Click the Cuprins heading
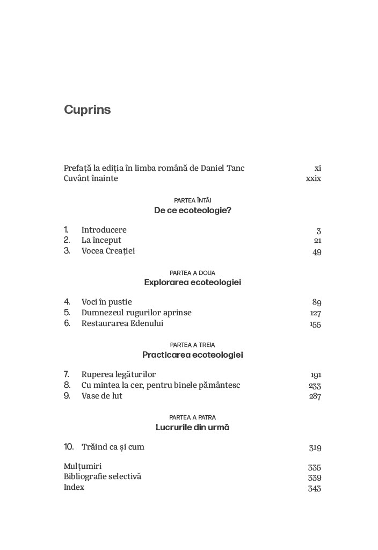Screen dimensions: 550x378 (87, 110)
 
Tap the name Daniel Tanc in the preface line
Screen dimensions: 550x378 (222, 168)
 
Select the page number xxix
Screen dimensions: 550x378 (313, 179)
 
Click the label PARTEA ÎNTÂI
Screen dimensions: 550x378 (192, 200)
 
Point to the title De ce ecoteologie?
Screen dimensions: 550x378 (192, 210)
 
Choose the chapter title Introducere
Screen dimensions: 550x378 (104, 230)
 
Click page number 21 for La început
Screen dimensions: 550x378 (317, 241)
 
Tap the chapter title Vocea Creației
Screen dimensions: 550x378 (108, 251)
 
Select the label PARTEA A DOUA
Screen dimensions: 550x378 (192, 273)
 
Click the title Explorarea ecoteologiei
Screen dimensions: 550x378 (192, 283)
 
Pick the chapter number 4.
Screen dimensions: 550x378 (67, 302)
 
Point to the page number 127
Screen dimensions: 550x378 (315, 314)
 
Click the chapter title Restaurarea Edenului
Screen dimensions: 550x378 (122, 323)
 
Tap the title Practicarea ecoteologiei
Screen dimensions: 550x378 (192, 355)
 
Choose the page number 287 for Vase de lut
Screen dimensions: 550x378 (315, 397)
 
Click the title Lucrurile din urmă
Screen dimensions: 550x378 (192, 428)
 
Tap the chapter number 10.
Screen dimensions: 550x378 (69, 447)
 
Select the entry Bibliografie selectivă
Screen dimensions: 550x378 (102, 477)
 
